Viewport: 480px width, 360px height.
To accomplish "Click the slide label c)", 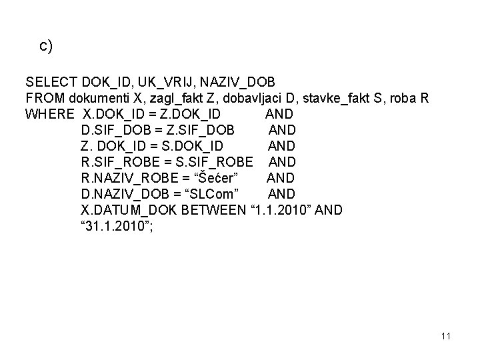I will click(46, 46).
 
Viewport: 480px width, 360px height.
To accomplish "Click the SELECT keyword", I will click(51, 83).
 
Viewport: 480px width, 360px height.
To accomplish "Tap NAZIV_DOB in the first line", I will click(238, 83).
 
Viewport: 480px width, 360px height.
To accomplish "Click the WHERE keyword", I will click(49, 115).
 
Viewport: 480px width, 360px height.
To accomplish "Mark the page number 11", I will click(445, 336).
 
